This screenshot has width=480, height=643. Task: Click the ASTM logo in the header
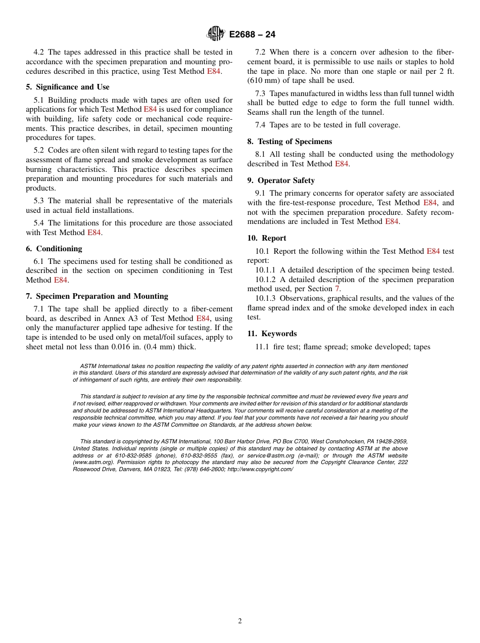point(215,34)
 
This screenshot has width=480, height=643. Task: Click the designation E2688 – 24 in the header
point(252,34)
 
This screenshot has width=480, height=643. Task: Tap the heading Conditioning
point(54,248)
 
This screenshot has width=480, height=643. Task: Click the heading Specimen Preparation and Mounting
point(97,296)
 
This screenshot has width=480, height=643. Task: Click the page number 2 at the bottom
point(240,621)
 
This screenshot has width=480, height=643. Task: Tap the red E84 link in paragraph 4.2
point(214,71)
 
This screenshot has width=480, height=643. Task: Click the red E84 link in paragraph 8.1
point(342,164)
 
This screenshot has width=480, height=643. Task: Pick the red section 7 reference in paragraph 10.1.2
point(338,289)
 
